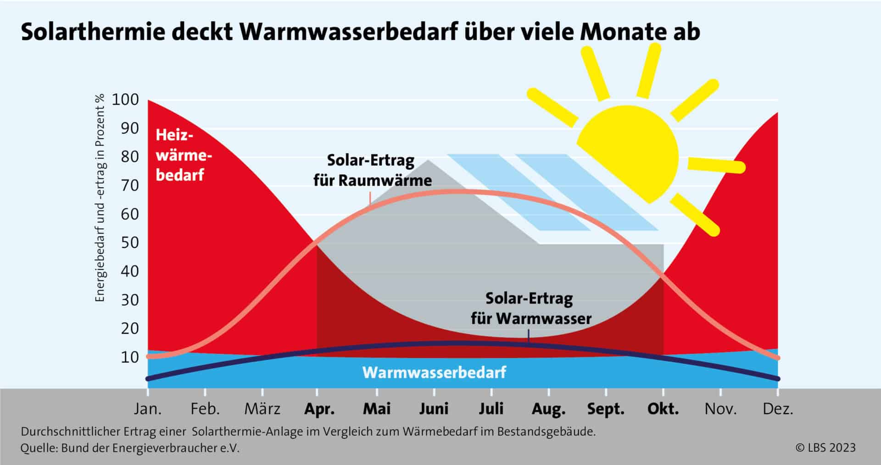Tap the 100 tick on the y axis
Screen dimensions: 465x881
tap(125, 99)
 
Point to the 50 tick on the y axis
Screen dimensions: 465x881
tap(129, 242)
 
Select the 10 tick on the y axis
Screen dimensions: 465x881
tap(129, 357)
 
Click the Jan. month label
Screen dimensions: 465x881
tap(148, 409)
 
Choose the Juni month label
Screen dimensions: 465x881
tap(434, 409)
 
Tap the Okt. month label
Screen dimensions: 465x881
tap(663, 409)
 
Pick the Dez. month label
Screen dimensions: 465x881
tap(778, 409)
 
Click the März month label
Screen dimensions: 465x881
tap(262, 409)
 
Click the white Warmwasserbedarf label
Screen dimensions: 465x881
tap(434, 372)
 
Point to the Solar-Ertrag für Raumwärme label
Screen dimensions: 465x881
tap(372, 170)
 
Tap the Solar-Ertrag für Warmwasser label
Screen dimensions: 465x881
tap(530, 308)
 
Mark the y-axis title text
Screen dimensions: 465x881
tap(100, 197)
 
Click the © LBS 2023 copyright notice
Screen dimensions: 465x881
tap(825, 448)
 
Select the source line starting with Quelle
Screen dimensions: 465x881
tap(130, 448)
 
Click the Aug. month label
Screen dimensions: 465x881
tap(548, 409)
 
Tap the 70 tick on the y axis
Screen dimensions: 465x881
tap(129, 185)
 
